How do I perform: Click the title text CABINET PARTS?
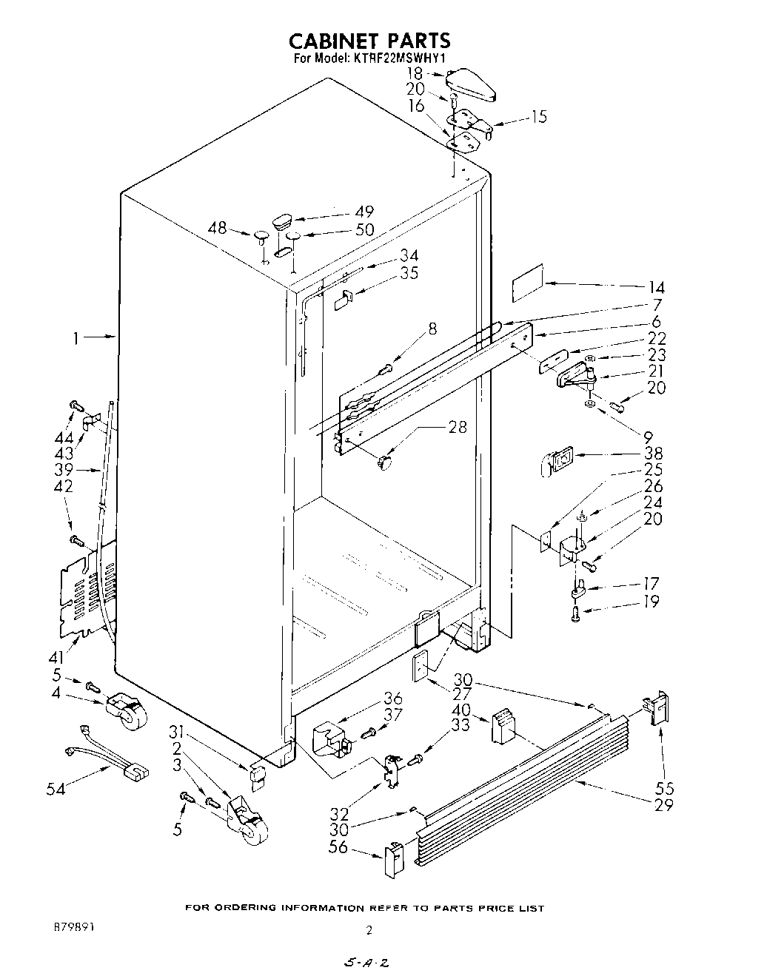369,40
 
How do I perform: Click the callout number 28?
458,427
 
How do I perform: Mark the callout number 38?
653,454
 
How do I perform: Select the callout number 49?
364,212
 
